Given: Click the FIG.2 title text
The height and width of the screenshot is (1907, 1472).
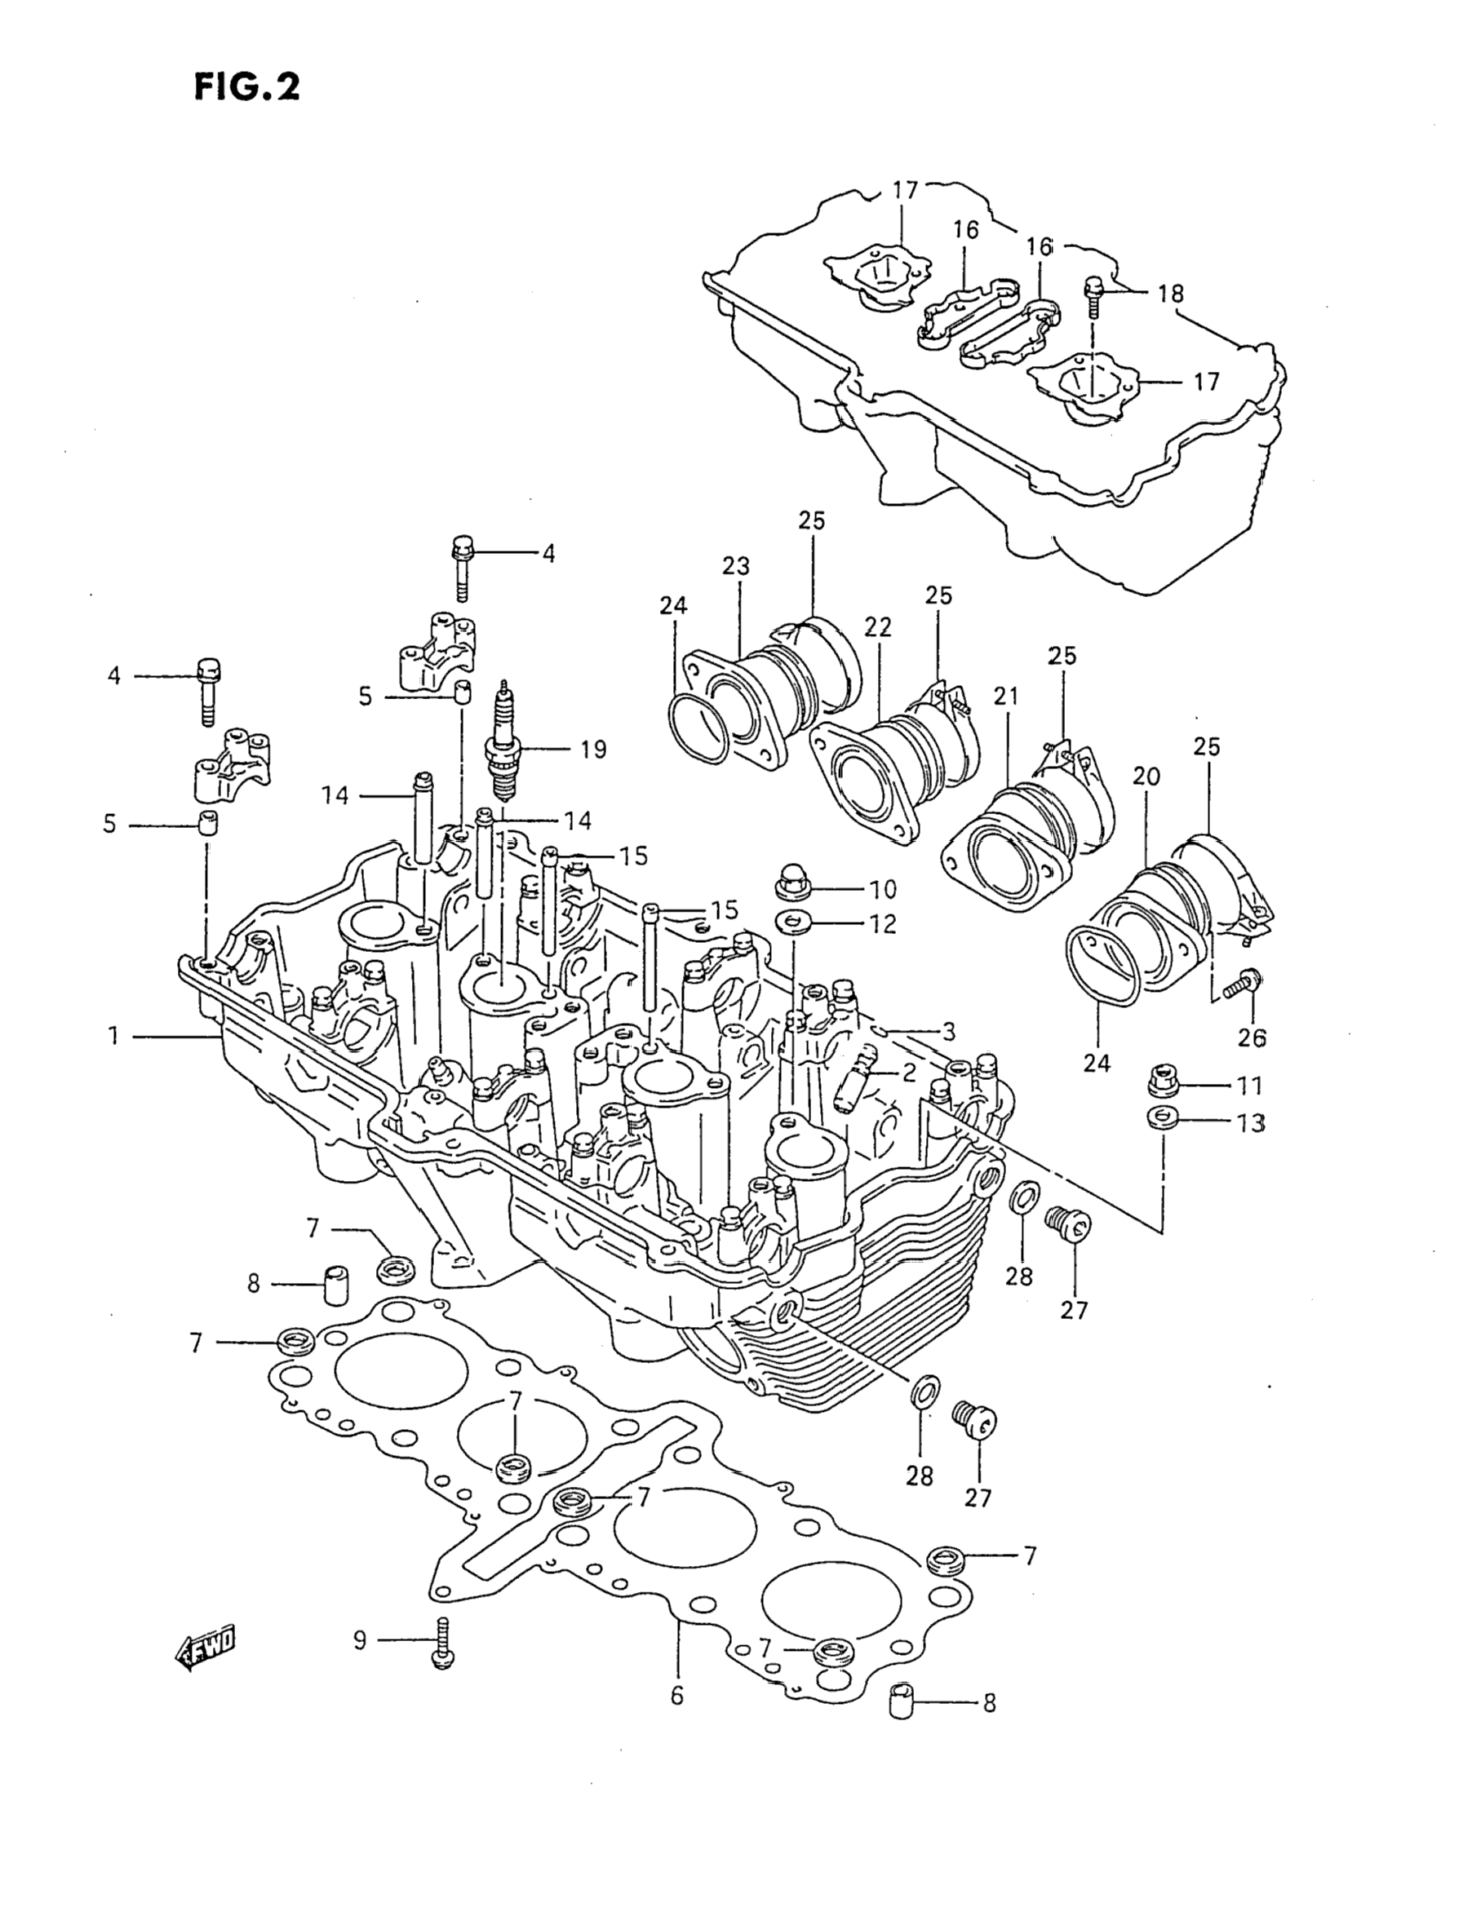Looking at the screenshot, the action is (247, 87).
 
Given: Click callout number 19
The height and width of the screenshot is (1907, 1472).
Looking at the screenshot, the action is (593, 749).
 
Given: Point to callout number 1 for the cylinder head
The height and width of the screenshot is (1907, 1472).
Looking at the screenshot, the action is (113, 1036).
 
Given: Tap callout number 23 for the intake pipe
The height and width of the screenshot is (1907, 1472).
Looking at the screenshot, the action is (735, 566).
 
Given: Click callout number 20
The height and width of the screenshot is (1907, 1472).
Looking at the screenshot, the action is (1146, 776).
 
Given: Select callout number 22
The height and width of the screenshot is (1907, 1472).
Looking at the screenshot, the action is (878, 626).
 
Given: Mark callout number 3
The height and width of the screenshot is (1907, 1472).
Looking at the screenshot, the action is (949, 1031).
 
